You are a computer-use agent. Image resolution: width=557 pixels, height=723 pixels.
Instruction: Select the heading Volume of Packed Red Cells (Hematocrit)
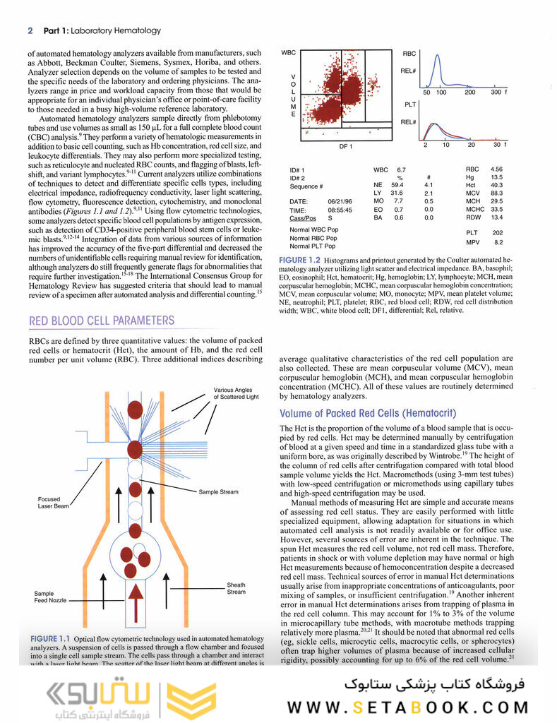click(368, 413)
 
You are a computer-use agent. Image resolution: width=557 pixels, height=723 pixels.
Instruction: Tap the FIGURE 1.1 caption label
click(52, 639)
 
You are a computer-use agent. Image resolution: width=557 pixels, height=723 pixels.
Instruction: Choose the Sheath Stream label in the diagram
click(236, 588)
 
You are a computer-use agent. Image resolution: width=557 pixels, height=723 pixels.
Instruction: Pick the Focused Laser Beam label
click(54, 503)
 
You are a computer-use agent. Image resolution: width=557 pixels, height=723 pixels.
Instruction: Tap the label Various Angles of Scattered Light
click(237, 393)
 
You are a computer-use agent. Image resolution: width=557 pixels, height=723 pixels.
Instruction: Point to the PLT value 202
click(498, 232)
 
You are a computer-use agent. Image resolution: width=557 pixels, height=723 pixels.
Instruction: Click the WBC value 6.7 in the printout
click(401, 170)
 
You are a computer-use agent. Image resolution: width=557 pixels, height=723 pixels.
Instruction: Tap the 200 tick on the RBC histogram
click(470, 92)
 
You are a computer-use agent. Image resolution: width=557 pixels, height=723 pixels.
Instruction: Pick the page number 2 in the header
click(30, 30)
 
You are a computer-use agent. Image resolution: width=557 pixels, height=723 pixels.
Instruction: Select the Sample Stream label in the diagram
click(218, 491)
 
